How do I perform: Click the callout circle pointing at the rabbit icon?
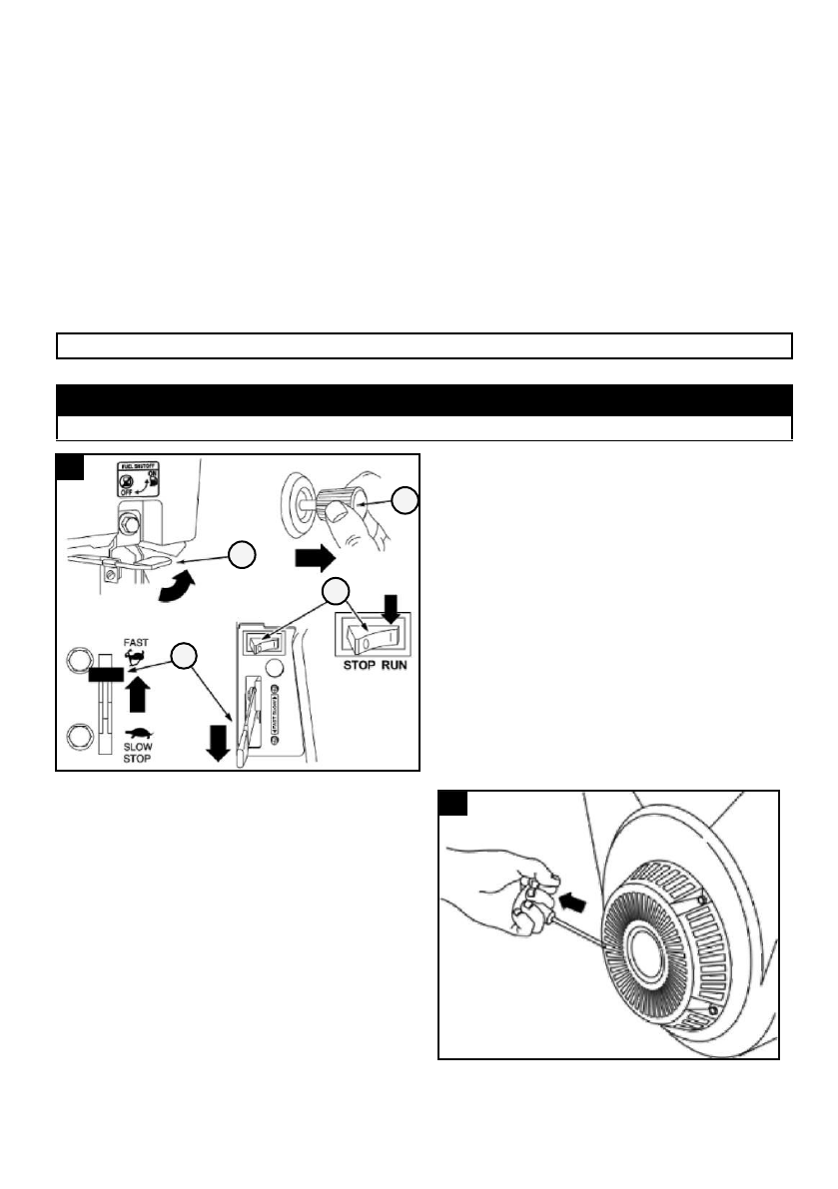tap(183, 657)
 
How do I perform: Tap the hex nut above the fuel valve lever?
tap(129, 520)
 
